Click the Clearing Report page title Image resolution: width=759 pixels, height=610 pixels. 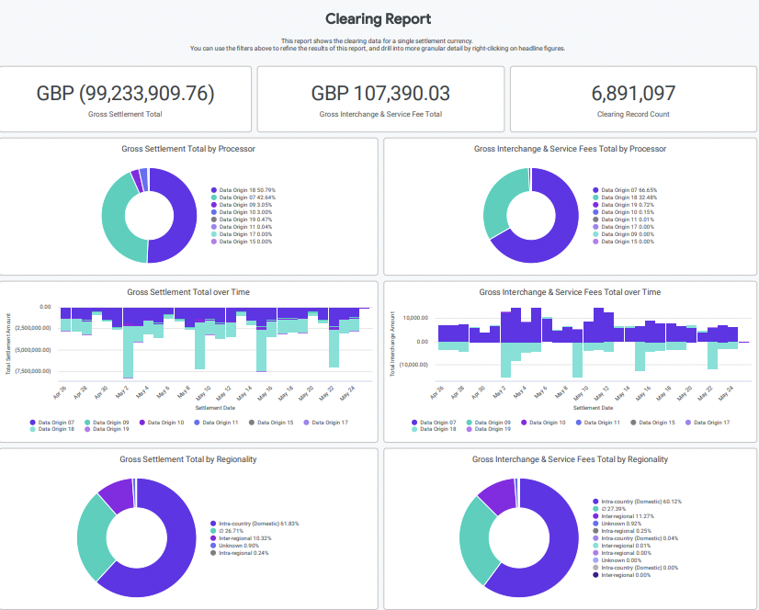[379, 18]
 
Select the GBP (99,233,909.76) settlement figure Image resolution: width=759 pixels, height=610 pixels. [126, 93]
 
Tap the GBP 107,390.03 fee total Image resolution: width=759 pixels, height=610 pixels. [380, 93]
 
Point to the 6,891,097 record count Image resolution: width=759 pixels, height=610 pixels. [633, 93]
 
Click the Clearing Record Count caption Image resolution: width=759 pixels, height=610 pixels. [633, 115]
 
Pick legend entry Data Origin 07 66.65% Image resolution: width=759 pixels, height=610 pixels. [629, 190]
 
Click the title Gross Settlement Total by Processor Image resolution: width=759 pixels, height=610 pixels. [188, 148]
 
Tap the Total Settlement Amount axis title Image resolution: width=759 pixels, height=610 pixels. [8, 345]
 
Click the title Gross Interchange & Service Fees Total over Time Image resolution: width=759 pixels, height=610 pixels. [570, 292]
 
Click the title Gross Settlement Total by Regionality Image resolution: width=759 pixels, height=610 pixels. [188, 458]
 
